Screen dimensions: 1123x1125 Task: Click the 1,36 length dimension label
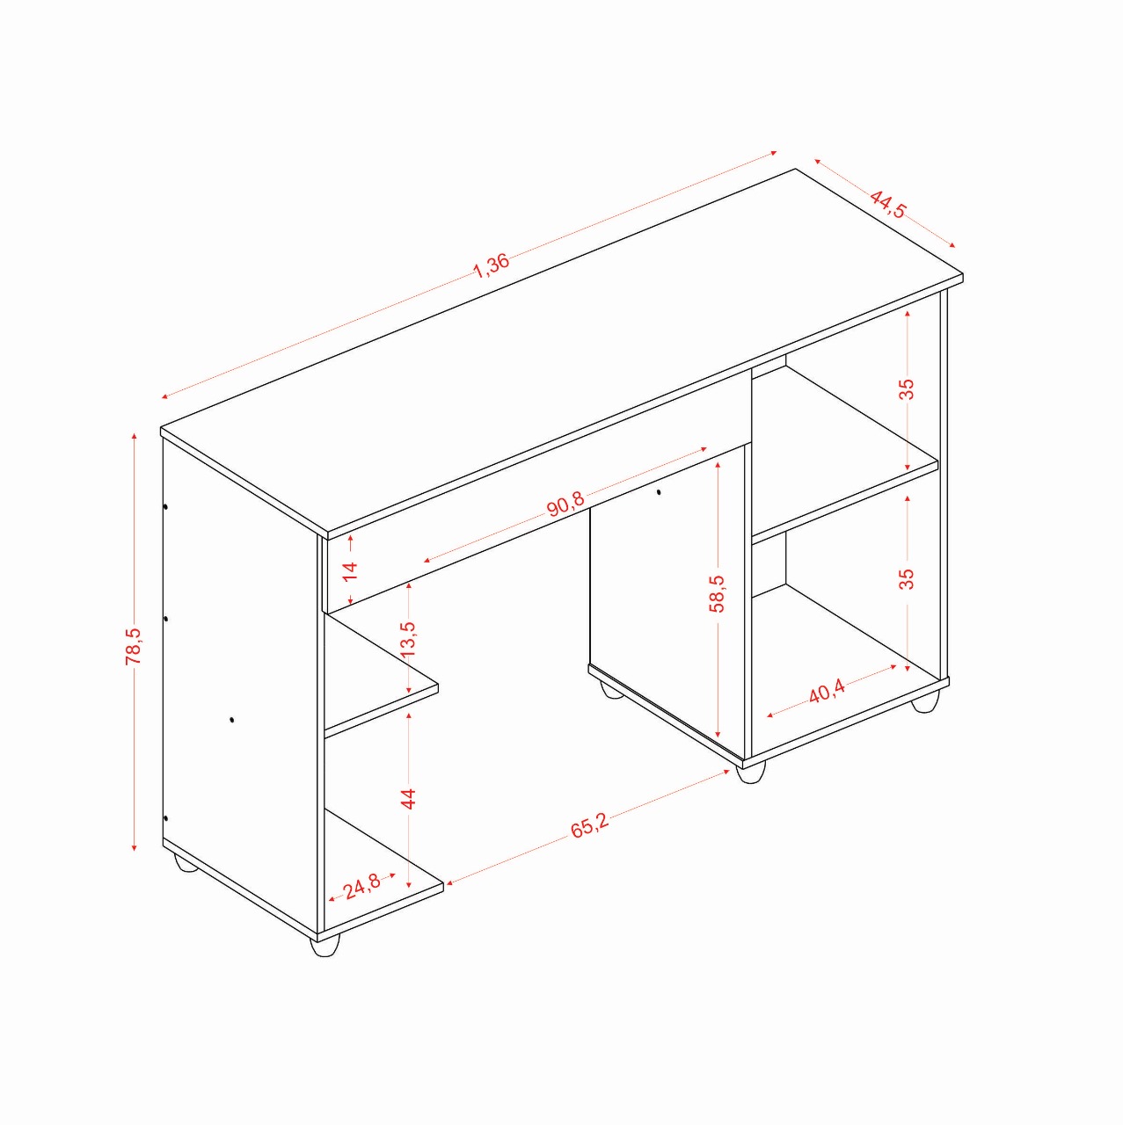[x=492, y=265]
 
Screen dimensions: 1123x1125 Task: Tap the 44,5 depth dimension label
[x=888, y=204]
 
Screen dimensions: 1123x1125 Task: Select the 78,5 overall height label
[x=133, y=646]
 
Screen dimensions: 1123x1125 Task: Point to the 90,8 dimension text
[x=566, y=504]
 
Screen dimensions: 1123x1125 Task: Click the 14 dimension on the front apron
[x=349, y=570]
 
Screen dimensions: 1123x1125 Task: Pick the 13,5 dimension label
[x=408, y=639]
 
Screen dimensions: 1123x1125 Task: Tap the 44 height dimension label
[x=408, y=798]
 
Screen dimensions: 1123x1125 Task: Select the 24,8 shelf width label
[x=361, y=886]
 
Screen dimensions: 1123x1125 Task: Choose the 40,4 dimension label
[x=827, y=693]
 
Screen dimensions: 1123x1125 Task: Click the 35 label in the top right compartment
[x=907, y=388]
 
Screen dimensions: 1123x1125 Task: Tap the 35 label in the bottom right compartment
[x=907, y=578]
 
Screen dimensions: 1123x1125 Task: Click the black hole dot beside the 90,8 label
[x=659, y=492]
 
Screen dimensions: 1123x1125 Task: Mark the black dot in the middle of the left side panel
[x=232, y=720]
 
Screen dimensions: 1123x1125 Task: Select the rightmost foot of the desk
[x=925, y=701]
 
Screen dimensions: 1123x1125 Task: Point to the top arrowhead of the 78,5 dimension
[x=135, y=437]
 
